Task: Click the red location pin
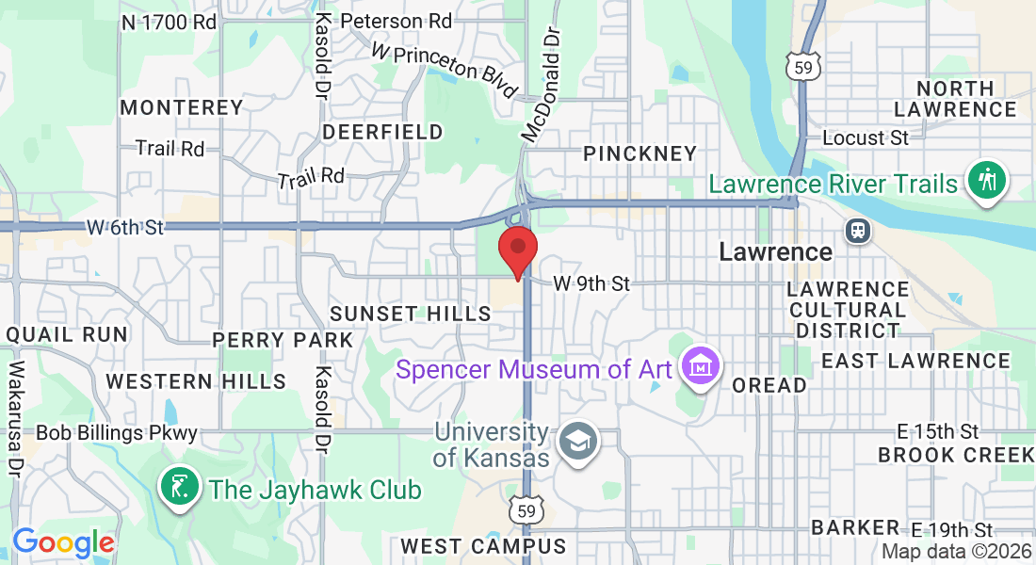coord(517,250)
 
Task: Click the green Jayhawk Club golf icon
coord(180,487)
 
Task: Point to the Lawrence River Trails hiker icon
coord(987,180)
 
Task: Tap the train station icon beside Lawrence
coord(857,231)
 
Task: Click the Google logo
coord(63,543)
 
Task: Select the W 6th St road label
coord(125,227)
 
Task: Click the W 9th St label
coord(591,282)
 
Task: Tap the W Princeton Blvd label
coord(445,69)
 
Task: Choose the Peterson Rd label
coord(396,20)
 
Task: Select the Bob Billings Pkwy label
coord(117,433)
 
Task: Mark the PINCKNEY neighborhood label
coord(639,153)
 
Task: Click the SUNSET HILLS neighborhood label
coord(411,314)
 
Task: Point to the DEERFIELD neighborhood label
coord(382,132)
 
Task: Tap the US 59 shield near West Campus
coord(526,510)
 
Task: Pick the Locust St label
coord(866,137)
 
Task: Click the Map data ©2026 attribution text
coord(957,552)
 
